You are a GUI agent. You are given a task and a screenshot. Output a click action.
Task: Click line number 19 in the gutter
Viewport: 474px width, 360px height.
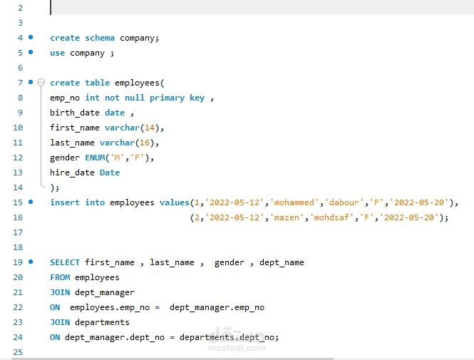click(x=18, y=262)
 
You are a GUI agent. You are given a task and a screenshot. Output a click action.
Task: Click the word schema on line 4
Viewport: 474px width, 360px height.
click(x=100, y=38)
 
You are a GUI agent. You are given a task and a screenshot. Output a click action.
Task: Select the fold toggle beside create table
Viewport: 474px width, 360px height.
click(x=41, y=83)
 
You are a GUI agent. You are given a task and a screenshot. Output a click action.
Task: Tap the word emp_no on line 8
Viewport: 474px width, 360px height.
click(x=65, y=98)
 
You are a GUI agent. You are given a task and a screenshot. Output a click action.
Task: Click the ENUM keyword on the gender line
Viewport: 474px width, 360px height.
click(x=97, y=158)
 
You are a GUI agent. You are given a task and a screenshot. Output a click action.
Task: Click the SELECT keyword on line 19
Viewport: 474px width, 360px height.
click(x=65, y=262)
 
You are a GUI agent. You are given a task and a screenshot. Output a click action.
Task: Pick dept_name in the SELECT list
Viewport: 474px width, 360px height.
click(x=282, y=262)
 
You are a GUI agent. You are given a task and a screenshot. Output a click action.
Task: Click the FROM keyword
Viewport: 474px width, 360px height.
click(x=60, y=277)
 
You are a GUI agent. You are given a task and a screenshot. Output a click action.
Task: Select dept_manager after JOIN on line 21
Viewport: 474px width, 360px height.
click(x=105, y=292)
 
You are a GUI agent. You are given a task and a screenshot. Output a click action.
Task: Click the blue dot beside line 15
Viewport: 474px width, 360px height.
click(x=31, y=202)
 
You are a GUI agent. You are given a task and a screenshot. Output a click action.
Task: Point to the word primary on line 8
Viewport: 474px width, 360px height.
click(x=167, y=98)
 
